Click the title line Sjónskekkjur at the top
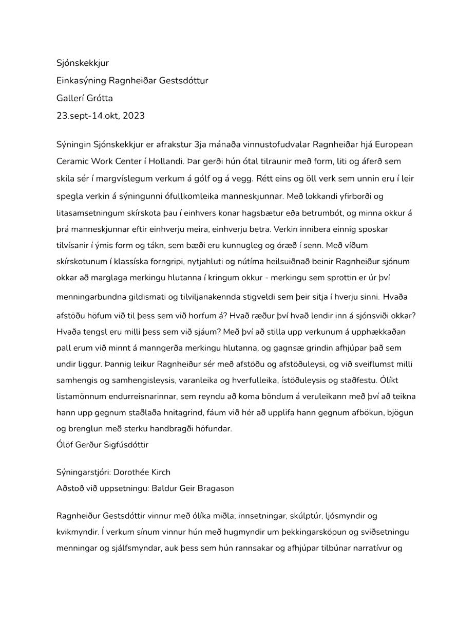(82, 63)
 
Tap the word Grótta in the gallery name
(100, 98)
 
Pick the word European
(392, 144)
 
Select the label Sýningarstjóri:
(83, 472)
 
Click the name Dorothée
(131, 472)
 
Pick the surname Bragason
(209, 488)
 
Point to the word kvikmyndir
(75, 531)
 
